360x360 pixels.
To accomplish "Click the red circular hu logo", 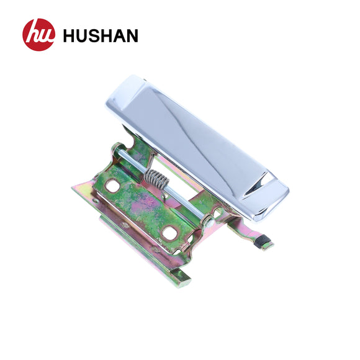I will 38,35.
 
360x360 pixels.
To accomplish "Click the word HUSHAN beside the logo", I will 101,36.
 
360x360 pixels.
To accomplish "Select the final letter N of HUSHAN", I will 131,36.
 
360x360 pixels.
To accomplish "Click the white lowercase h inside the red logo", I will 34,35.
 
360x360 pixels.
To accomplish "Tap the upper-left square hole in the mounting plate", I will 112,186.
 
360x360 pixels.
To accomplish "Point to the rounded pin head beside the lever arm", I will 217,214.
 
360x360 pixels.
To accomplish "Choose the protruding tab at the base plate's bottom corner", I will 182,277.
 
